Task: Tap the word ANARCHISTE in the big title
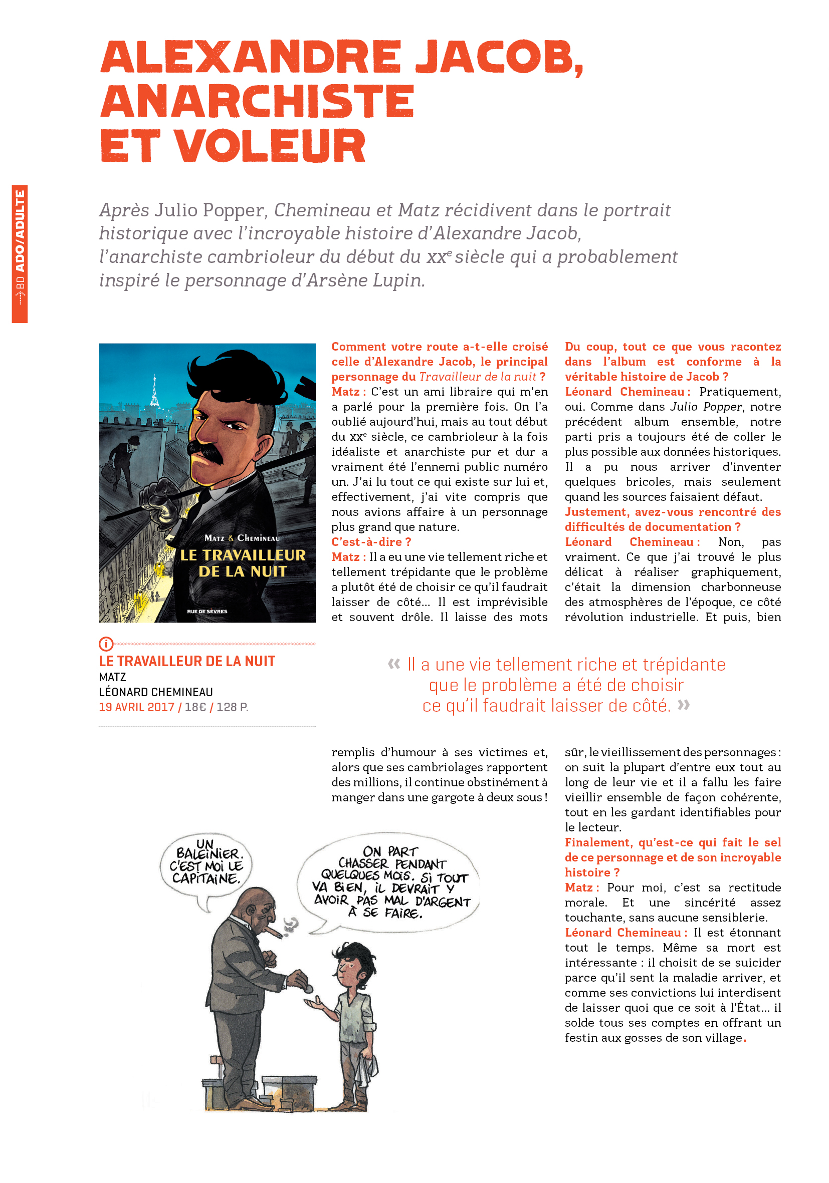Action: (x=257, y=102)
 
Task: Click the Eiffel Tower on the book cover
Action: (x=154, y=392)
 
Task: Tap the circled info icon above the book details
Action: (x=105, y=644)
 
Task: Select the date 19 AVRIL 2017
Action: (x=137, y=707)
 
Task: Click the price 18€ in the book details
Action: (x=195, y=707)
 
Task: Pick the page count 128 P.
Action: (x=232, y=707)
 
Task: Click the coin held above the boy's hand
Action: (x=308, y=989)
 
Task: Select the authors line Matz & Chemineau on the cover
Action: (x=242, y=538)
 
